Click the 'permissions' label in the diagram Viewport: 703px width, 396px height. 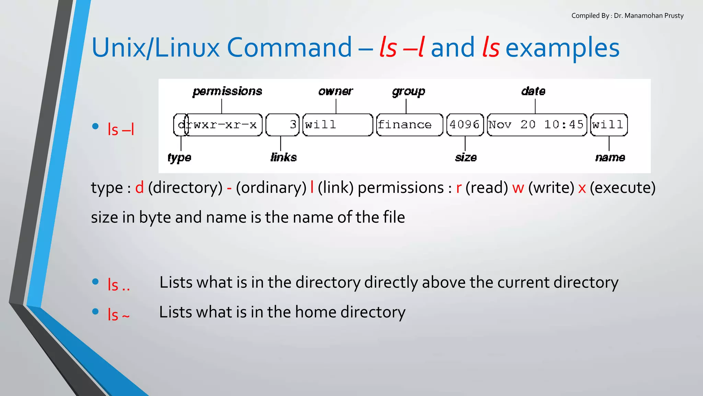(227, 91)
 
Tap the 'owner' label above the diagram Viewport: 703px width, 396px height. (335, 91)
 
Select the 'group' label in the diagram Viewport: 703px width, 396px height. (408, 91)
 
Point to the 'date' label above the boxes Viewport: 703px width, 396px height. (533, 91)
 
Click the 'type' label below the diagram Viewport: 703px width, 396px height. (179, 157)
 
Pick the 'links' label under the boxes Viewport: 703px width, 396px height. (284, 157)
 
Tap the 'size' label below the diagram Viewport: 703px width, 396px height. (466, 157)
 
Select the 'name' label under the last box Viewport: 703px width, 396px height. (610, 157)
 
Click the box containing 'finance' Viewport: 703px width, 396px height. (410, 125)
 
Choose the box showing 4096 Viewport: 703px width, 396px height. (465, 125)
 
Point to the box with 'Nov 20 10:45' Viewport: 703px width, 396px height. (537, 125)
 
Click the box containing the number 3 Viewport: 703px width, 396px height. (283, 125)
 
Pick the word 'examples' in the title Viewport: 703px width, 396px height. (563, 48)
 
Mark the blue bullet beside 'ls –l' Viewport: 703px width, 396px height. (95, 126)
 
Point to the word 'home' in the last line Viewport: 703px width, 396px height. (315, 312)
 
